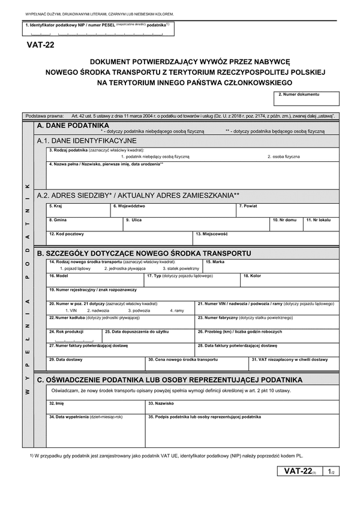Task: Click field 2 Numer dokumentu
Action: click(307, 99)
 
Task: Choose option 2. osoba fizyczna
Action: click(283, 156)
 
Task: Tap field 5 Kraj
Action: click(78, 210)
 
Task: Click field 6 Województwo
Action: click(173, 210)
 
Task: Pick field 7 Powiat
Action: click(288, 210)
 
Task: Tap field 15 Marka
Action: click(272, 266)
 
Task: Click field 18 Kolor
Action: click(290, 280)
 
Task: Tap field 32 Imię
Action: click(95, 408)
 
